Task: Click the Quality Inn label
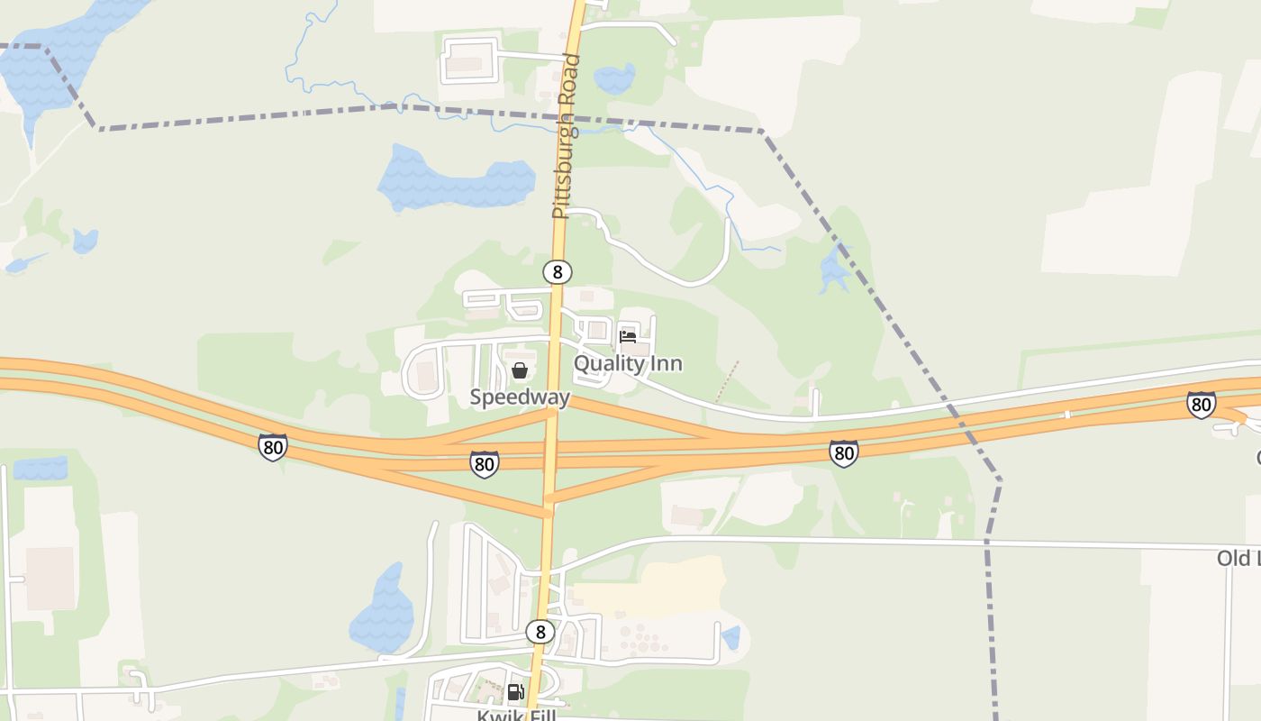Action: pyautogui.click(x=628, y=363)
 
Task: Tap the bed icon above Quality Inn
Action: pyautogui.click(x=628, y=337)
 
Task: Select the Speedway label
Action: pyautogui.click(x=520, y=397)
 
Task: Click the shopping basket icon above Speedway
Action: pyautogui.click(x=520, y=370)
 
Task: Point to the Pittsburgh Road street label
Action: pyautogui.click(x=565, y=137)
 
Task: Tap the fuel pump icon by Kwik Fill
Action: pyautogui.click(x=515, y=692)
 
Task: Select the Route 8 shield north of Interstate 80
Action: pyautogui.click(x=558, y=271)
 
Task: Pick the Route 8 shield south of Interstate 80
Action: pyautogui.click(x=540, y=632)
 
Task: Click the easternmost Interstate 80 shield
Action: pyautogui.click(x=1201, y=405)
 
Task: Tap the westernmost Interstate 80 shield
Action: pyautogui.click(x=272, y=447)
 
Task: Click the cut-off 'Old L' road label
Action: pyautogui.click(x=1238, y=559)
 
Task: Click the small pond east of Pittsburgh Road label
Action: pyautogui.click(x=615, y=79)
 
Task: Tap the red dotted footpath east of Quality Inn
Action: pyautogui.click(x=727, y=382)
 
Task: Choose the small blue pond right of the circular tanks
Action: pyautogui.click(x=730, y=637)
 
